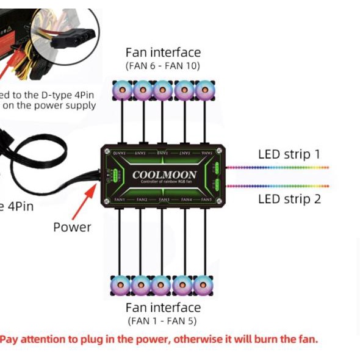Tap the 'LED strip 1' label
(289, 154)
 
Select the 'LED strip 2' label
(289, 198)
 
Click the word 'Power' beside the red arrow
(72, 227)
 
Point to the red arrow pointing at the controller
(85, 201)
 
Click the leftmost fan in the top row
(122, 91)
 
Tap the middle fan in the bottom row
(161, 284)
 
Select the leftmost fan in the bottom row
(120, 284)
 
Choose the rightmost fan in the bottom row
(203, 284)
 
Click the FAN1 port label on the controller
(120, 200)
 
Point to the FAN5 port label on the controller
(206, 200)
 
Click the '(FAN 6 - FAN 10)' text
(163, 65)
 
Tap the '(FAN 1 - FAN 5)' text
(162, 320)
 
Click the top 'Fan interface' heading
(163, 52)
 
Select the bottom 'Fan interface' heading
(163, 307)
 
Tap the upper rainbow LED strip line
(278, 167)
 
